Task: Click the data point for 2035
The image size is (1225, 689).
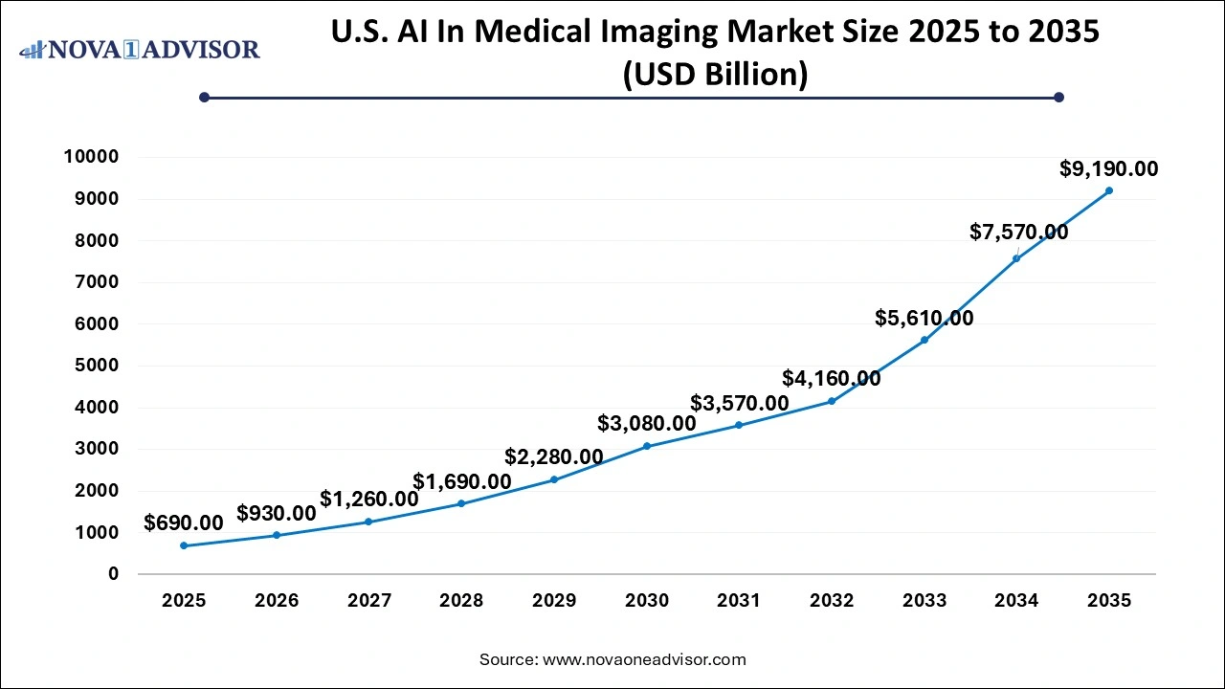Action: point(1108,190)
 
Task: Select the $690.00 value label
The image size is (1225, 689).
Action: point(184,523)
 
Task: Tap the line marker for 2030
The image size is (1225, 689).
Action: point(647,446)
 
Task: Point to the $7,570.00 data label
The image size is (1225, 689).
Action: point(1018,232)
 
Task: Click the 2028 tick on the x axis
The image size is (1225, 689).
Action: point(461,601)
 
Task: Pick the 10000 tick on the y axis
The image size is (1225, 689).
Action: point(92,157)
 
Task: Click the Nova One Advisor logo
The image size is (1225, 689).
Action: point(140,49)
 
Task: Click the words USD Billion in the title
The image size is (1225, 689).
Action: point(715,75)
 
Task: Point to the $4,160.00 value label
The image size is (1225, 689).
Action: point(831,378)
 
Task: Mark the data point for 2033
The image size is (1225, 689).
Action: point(924,340)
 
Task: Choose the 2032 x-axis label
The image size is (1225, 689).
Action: point(831,601)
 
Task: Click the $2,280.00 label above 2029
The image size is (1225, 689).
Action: point(553,457)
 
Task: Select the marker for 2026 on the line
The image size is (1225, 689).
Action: point(277,535)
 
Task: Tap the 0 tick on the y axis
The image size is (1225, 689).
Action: point(113,574)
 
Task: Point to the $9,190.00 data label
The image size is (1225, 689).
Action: point(1108,169)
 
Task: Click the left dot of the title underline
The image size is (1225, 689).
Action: point(204,97)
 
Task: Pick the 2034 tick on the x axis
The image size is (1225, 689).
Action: point(1015,601)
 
